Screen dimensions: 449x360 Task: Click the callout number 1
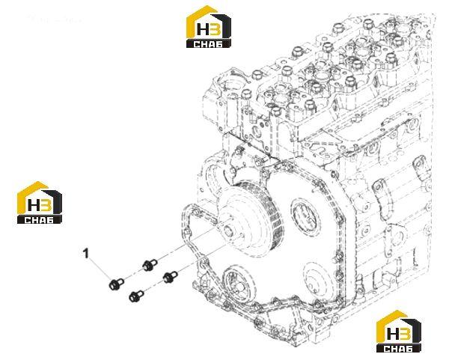(x=86, y=253)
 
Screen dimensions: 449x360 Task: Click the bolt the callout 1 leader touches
(x=116, y=284)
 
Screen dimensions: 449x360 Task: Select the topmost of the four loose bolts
(x=150, y=265)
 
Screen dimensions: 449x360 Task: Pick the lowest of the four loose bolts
(x=136, y=296)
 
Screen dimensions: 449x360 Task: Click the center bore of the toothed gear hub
(x=228, y=230)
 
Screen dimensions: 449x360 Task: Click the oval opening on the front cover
(x=304, y=216)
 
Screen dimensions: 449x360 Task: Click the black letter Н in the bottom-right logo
(x=392, y=333)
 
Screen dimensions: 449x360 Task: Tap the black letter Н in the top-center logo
(x=203, y=29)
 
